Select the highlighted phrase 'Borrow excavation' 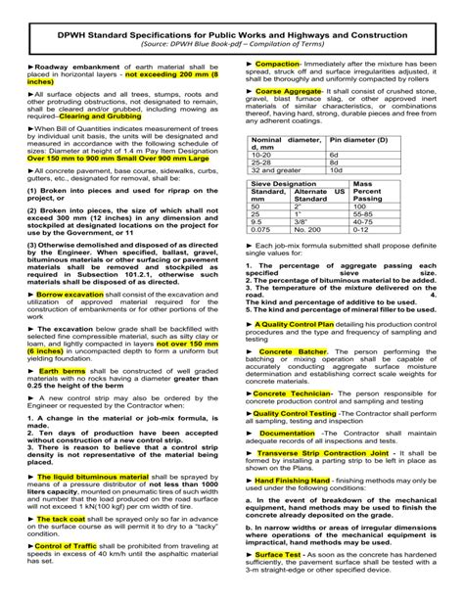click(72, 266)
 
